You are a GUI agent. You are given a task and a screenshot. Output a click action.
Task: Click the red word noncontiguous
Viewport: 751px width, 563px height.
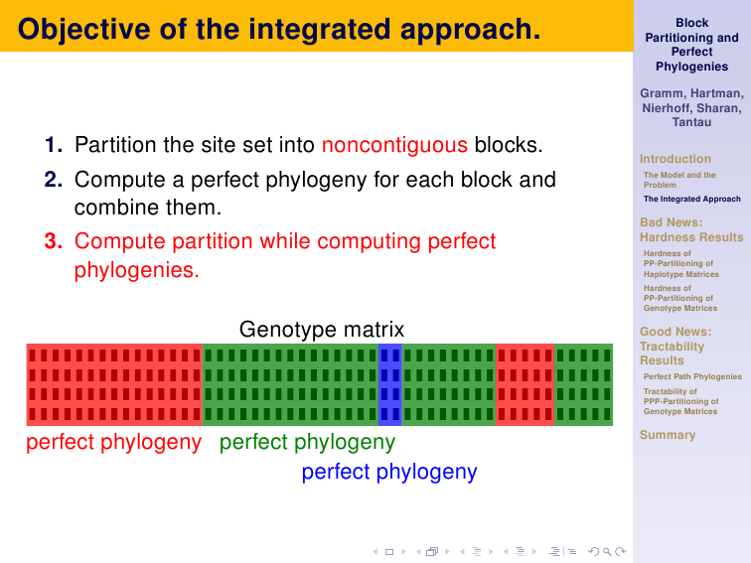pos(394,145)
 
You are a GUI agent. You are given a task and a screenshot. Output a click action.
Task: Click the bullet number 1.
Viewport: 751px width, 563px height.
pos(54,145)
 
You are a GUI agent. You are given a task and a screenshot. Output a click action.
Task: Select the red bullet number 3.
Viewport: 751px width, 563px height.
pos(54,241)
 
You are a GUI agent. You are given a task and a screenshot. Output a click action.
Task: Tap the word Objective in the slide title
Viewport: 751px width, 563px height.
pos(83,30)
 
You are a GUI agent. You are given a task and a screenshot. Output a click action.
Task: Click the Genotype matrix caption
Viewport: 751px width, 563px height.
pos(322,330)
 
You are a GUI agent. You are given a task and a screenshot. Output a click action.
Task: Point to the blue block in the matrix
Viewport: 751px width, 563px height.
pos(389,384)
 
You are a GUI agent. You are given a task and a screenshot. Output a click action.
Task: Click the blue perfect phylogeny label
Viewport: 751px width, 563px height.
pos(389,472)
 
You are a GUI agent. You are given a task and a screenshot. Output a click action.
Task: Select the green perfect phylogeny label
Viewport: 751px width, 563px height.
pos(307,443)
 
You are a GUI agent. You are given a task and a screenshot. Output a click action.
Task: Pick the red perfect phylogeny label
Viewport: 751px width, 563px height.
pos(113,443)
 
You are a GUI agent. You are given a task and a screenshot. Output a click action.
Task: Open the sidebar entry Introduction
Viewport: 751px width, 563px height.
pos(675,159)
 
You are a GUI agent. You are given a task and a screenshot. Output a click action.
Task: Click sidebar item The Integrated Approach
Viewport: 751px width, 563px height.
pos(692,199)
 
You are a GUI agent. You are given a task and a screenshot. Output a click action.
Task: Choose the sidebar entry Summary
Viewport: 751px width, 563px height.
pos(668,435)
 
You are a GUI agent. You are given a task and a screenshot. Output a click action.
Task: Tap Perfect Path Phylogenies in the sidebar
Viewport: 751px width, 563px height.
pos(692,376)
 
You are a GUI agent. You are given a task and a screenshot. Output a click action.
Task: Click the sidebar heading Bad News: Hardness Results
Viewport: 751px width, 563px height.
pos(691,229)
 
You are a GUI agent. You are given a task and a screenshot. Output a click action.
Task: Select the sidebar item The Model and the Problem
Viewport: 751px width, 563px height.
pos(679,180)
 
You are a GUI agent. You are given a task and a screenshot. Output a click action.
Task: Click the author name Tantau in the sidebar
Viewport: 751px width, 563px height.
pos(691,122)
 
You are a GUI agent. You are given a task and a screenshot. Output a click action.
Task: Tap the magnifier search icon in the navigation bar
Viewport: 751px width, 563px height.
pos(607,551)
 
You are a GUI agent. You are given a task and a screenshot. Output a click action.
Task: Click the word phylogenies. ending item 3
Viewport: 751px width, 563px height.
pos(136,270)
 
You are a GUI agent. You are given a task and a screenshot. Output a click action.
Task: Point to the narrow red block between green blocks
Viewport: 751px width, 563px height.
pos(525,384)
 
